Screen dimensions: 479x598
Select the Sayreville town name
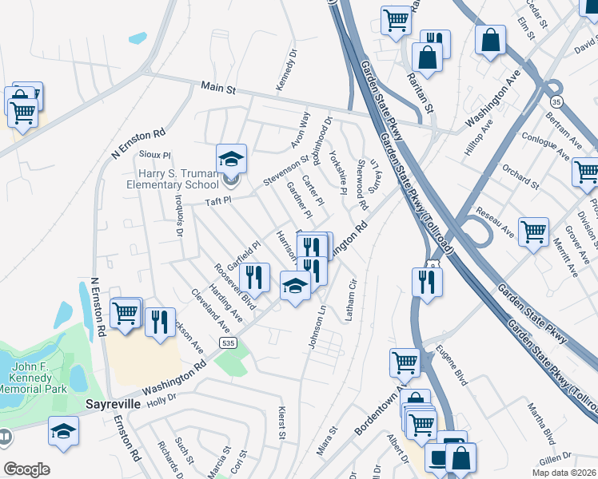click(114, 404)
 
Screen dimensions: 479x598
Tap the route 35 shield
click(556, 101)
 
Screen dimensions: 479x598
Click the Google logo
click(26, 469)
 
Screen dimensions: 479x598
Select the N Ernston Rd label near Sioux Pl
click(138, 143)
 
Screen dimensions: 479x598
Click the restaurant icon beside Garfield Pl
click(254, 276)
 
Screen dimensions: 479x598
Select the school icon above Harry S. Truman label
click(232, 158)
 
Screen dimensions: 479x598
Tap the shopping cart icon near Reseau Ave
click(533, 232)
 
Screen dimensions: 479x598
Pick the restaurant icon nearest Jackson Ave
click(161, 322)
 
